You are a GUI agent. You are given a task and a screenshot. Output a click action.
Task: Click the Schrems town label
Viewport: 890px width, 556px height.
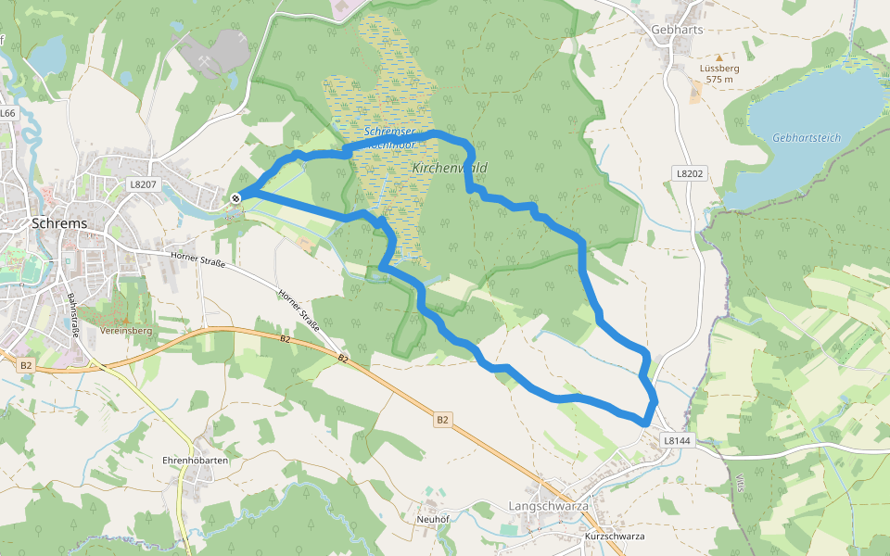click(59, 223)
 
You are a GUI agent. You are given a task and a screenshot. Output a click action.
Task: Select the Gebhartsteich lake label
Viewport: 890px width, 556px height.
click(806, 138)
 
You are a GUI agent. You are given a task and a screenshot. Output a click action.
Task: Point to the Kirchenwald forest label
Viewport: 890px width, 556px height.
click(449, 168)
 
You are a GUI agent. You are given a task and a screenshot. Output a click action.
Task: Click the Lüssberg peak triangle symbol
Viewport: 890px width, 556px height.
click(718, 57)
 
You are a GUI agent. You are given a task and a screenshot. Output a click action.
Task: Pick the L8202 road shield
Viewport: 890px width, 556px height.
click(690, 173)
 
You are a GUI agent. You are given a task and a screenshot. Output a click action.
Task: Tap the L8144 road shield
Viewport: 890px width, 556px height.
click(679, 441)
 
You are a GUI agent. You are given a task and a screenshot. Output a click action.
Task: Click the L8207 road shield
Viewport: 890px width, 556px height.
click(143, 184)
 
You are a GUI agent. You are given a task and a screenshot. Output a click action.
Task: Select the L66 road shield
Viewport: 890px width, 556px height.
click(8, 113)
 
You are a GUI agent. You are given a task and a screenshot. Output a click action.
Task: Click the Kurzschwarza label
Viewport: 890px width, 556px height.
click(615, 537)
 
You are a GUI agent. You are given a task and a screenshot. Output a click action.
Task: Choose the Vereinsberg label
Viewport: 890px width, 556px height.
click(127, 331)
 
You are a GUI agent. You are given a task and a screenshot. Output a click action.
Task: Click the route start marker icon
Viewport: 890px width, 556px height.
click(236, 196)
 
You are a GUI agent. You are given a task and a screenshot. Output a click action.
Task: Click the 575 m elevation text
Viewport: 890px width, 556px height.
click(719, 80)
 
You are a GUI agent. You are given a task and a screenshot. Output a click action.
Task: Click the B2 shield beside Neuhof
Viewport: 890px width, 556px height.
click(442, 420)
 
